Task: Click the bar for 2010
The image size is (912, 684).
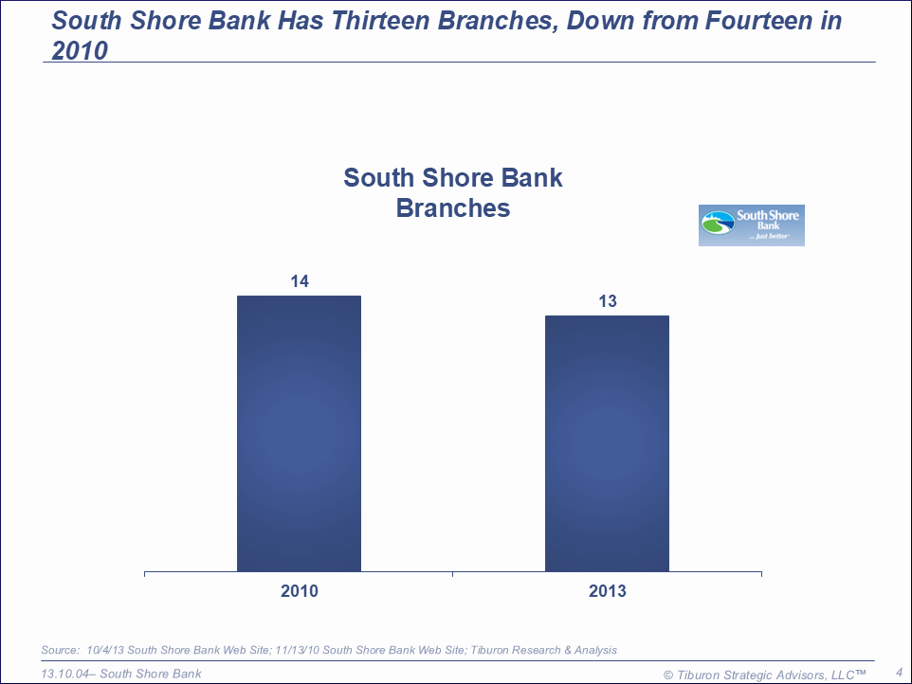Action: [299, 434]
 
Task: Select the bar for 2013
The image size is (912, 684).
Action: [608, 443]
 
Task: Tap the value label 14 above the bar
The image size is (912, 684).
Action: [300, 281]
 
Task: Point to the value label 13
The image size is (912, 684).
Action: [608, 301]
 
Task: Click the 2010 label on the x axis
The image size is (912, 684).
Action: [300, 591]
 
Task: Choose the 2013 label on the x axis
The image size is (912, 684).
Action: [608, 591]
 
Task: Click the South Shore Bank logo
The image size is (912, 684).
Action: [752, 225]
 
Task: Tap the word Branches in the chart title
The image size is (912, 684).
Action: [453, 208]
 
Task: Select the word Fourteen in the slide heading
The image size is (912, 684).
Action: [758, 21]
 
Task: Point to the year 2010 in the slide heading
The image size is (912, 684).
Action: [80, 50]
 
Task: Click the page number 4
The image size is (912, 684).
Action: [900, 673]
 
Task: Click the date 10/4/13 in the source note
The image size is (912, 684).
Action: [104, 650]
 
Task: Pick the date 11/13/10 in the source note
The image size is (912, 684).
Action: [297, 650]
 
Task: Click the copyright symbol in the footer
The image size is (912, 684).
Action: [668, 675]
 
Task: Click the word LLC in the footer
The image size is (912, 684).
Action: [843, 675]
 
